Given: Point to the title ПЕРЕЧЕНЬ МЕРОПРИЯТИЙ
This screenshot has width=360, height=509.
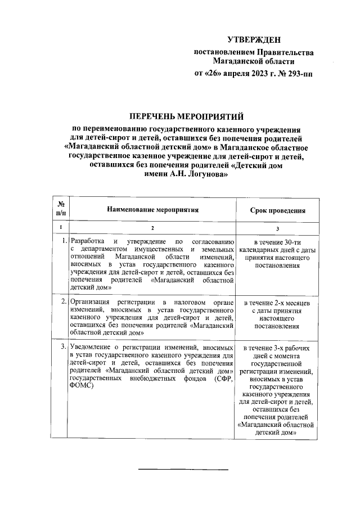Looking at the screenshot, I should [186, 117].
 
